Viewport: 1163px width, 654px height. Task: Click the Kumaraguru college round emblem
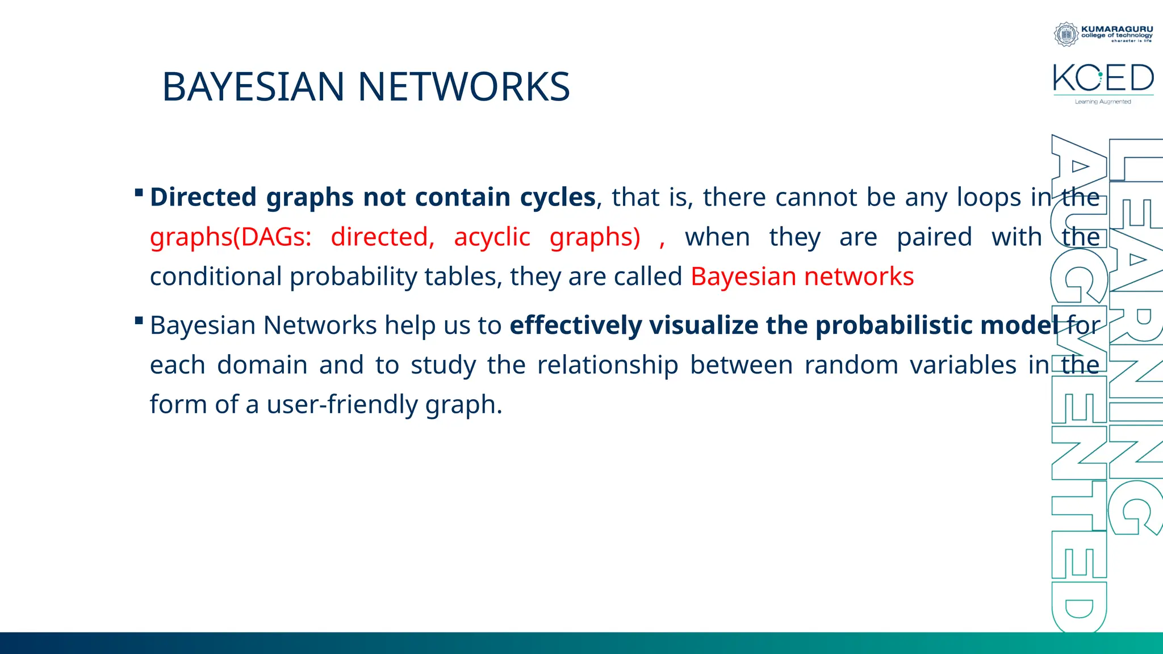click(x=1066, y=35)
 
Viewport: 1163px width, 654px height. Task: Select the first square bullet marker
click(x=139, y=193)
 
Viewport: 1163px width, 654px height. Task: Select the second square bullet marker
click(x=139, y=321)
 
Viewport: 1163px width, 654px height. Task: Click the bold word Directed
click(x=203, y=197)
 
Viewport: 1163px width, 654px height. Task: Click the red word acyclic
click(x=492, y=237)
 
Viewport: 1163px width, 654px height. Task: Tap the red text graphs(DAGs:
click(x=231, y=237)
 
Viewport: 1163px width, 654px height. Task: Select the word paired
click(x=934, y=237)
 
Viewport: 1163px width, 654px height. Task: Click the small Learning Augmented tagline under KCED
click(x=1103, y=102)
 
